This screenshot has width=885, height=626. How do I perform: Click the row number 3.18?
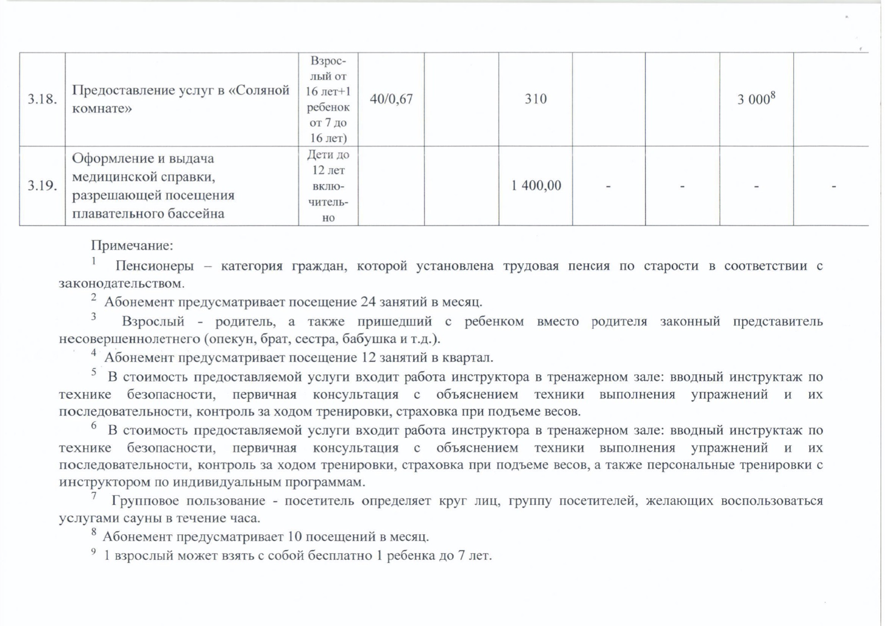[x=42, y=99]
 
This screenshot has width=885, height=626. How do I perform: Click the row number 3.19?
[x=42, y=186]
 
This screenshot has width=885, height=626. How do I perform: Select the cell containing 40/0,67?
[x=391, y=99]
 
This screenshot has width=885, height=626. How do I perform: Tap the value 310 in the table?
[x=535, y=99]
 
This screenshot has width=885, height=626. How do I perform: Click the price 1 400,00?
[x=536, y=186]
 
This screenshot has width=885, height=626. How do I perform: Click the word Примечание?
[x=132, y=246]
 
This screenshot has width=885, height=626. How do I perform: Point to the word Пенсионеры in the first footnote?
[x=154, y=266]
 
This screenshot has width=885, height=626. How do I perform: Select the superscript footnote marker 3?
[x=94, y=316]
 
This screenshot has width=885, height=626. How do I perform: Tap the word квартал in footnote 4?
[x=467, y=358]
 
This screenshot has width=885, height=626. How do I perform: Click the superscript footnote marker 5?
[x=94, y=372]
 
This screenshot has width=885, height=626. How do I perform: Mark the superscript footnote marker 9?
[x=94, y=551]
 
